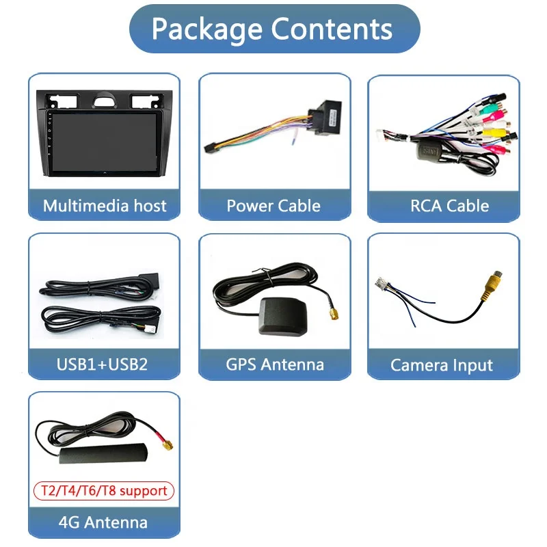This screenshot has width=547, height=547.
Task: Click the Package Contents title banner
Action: click(275, 29)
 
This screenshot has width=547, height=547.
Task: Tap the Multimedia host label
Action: click(105, 206)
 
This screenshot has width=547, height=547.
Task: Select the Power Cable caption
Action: click(273, 206)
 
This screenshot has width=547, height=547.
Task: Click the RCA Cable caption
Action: click(449, 206)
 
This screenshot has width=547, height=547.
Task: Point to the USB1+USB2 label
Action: click(102, 364)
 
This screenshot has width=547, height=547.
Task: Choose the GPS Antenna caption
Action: click(275, 364)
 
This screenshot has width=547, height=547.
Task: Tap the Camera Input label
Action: click(442, 365)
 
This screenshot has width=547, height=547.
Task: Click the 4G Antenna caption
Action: click(103, 522)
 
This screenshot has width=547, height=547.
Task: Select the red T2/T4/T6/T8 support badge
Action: click(104, 491)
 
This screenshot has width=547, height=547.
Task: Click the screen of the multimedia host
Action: click(105, 142)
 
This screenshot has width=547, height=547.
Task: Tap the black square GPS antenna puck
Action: click(283, 316)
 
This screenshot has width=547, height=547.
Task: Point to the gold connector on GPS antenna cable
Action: click(334, 314)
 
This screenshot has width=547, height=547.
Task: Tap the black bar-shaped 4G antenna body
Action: click(104, 453)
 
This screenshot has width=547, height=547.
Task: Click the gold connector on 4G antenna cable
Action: click(167, 444)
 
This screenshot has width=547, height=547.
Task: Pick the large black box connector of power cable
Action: click(325, 118)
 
